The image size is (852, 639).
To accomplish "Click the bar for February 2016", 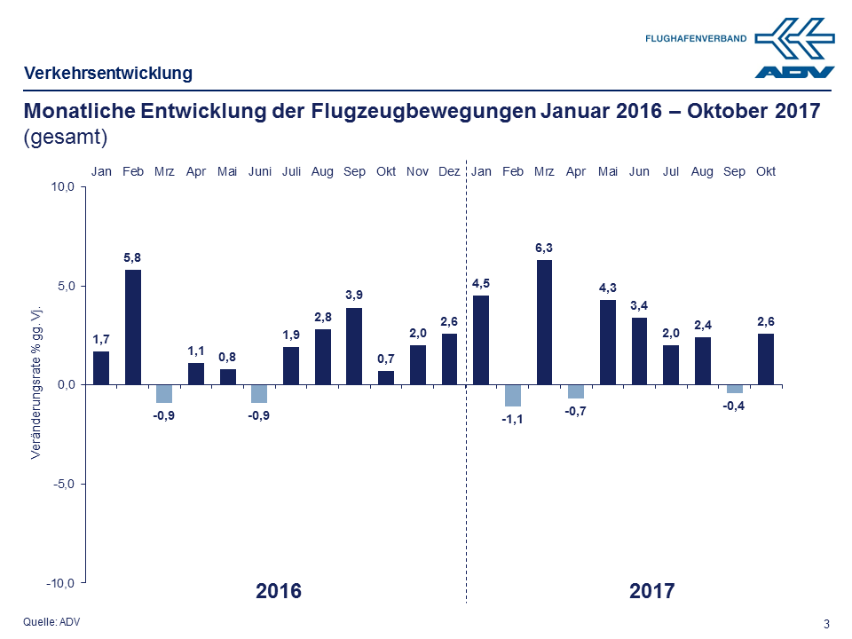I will click(x=133, y=327).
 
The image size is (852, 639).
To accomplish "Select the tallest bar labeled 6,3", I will click(x=544, y=322).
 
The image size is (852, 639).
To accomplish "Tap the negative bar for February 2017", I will click(x=512, y=395).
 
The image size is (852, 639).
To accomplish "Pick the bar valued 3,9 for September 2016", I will click(x=354, y=346).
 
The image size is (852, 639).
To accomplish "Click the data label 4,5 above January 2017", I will click(x=481, y=283).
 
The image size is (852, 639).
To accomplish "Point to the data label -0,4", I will click(x=734, y=406).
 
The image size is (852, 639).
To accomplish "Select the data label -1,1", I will click(x=513, y=420).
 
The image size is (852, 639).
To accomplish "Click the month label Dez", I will click(x=449, y=171).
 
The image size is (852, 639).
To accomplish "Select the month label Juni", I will click(x=259, y=171).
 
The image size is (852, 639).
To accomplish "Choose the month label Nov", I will click(x=417, y=171).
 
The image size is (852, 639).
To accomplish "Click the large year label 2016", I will click(x=279, y=590).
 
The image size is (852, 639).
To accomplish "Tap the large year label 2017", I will click(x=652, y=590).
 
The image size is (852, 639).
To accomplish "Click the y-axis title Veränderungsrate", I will click(x=36, y=383).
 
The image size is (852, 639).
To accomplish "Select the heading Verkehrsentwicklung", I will click(x=108, y=73).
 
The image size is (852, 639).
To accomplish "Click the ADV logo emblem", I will click(x=794, y=49).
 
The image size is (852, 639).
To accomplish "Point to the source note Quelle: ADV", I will click(x=51, y=621).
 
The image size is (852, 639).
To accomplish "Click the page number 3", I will click(x=827, y=623).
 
